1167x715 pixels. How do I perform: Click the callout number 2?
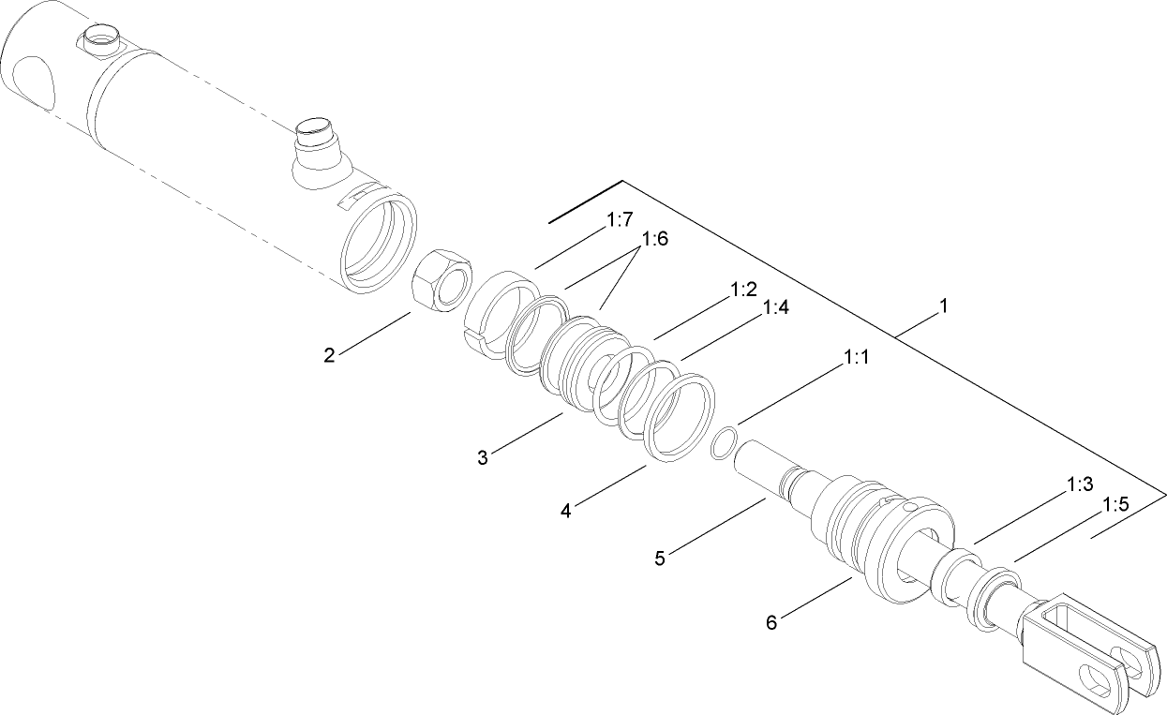(x=329, y=355)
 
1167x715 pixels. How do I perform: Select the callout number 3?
(x=483, y=457)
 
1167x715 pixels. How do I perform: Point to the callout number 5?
(x=661, y=559)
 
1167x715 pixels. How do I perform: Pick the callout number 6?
(x=771, y=622)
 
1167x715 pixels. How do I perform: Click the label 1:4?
(x=777, y=307)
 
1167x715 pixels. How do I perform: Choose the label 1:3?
(x=1080, y=484)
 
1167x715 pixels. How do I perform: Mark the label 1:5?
(x=1115, y=504)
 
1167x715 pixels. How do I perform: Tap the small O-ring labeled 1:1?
(x=722, y=443)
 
